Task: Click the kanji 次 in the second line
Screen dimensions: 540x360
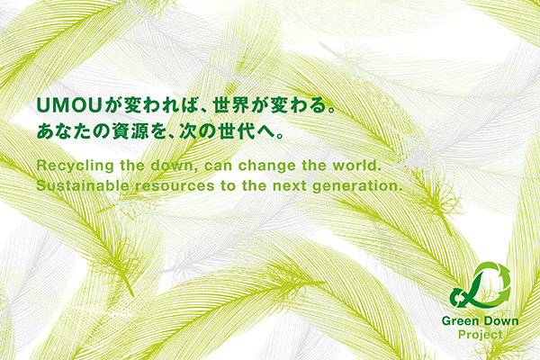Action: click(188, 131)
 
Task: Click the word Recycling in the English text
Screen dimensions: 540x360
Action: click(75, 166)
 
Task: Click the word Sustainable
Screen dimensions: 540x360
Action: click(83, 186)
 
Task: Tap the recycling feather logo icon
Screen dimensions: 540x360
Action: click(481, 285)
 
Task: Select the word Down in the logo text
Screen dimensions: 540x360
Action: click(499, 321)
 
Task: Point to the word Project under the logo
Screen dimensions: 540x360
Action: click(480, 335)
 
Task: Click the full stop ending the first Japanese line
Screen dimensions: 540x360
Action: click(331, 110)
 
